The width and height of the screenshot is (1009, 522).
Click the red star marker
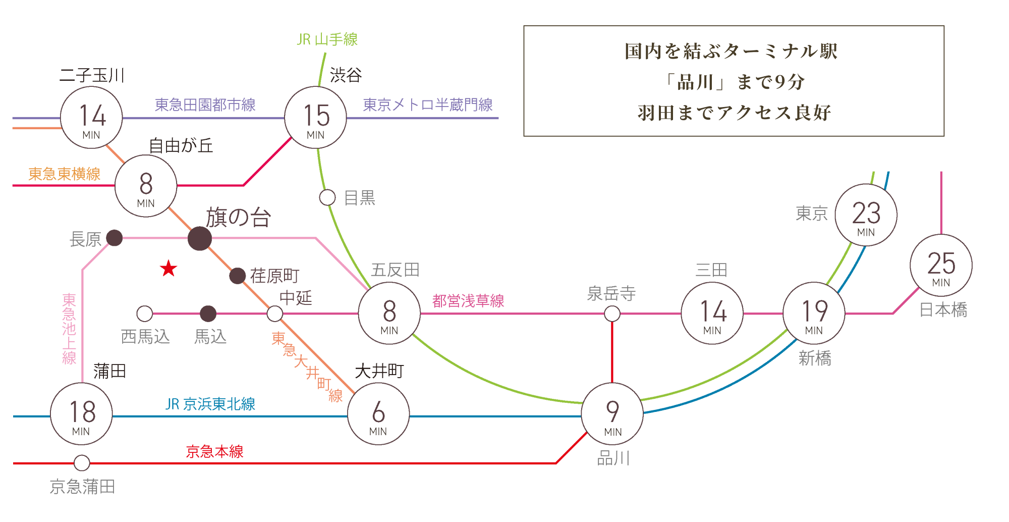coord(169,269)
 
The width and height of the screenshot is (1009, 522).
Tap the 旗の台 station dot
coord(200,238)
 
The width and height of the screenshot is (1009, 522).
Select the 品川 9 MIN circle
coord(612,414)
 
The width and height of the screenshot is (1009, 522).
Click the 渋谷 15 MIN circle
coord(316,118)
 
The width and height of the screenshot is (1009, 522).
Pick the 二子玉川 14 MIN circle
coord(91,118)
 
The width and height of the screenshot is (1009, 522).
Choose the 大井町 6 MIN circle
coord(378,414)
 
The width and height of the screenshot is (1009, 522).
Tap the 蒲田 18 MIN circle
coord(81,414)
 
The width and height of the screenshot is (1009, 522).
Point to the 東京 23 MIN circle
coord(866,215)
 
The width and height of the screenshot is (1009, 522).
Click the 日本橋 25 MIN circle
coord(941,266)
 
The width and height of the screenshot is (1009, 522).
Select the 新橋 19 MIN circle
coord(814,313)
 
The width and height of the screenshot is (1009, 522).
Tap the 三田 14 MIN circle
coord(712,313)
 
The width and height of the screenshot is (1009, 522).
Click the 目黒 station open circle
coord(327,197)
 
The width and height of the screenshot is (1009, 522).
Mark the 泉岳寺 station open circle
coord(612,314)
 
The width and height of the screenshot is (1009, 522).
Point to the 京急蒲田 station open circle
coord(82,462)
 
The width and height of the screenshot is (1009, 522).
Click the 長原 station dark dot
coord(115,238)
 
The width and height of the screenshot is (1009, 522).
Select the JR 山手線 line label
coord(327,39)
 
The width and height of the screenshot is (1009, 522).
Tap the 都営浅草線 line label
coord(468,301)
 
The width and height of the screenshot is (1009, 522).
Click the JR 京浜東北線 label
coord(210,404)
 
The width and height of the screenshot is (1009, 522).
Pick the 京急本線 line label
coord(214,451)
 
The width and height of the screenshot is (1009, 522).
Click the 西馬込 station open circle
coord(145,314)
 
